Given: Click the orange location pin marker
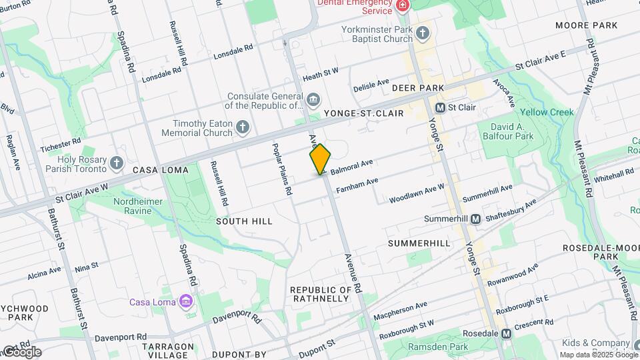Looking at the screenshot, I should click(320, 159).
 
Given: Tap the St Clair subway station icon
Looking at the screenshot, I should click(440, 107).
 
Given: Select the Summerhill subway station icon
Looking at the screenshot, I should click(476, 219).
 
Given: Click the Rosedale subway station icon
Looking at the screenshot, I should click(507, 333).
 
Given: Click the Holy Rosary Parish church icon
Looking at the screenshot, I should click(117, 162).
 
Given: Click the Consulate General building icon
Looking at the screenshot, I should click(313, 100).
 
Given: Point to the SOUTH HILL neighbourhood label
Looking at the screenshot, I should click(244, 221).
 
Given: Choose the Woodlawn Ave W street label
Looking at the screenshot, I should click(417, 194).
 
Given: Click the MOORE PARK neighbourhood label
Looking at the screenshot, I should click(586, 25).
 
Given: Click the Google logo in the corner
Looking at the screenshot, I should click(21, 351).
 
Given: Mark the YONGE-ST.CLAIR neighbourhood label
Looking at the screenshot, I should click(364, 113).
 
